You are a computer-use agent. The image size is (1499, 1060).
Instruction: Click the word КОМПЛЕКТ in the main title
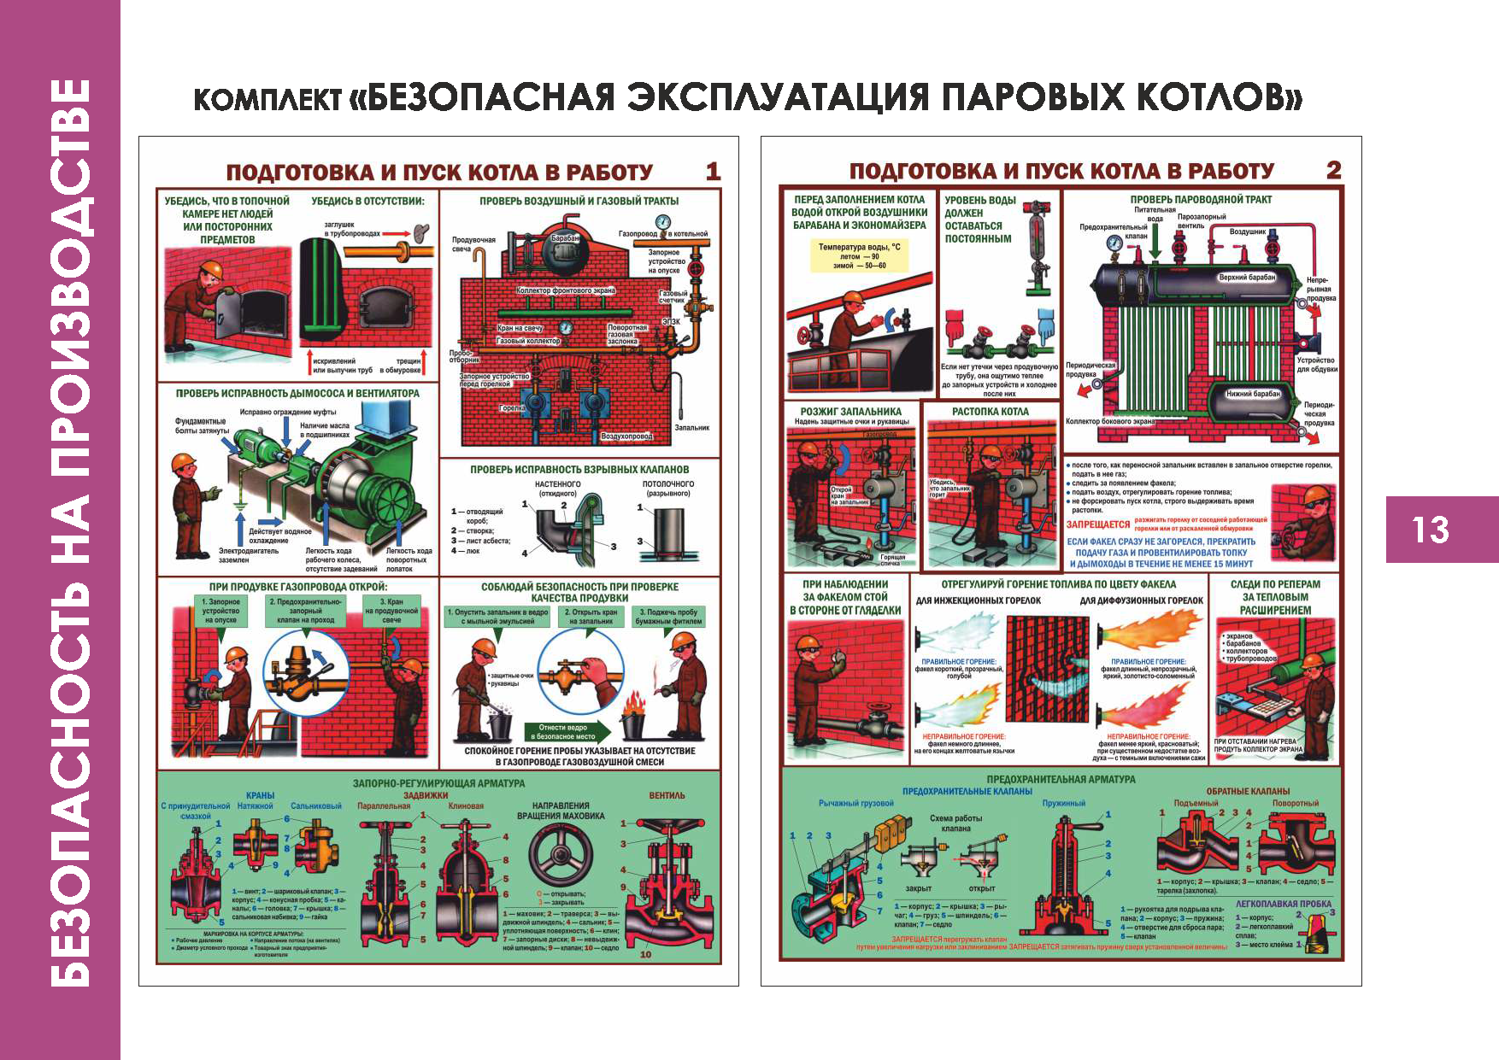tap(267, 100)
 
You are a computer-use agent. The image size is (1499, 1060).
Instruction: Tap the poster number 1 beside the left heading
tap(713, 172)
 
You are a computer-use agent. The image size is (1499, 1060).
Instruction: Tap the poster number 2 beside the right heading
tap(1333, 170)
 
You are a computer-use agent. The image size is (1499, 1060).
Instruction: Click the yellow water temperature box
tap(859, 255)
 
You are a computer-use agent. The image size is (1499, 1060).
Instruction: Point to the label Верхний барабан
tap(1247, 278)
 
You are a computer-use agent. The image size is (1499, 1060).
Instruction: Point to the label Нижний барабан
tap(1253, 394)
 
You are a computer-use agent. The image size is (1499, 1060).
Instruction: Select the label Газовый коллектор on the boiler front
tap(528, 341)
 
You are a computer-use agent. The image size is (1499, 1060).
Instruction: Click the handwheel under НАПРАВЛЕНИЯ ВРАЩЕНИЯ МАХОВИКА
tap(560, 855)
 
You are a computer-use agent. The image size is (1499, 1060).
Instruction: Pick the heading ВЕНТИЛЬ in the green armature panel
tap(667, 795)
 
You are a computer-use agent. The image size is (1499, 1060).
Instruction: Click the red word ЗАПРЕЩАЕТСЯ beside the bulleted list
tap(1097, 524)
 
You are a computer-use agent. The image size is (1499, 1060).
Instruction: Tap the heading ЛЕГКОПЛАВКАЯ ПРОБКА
tap(1283, 904)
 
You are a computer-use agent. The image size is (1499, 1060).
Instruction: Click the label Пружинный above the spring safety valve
tap(1063, 803)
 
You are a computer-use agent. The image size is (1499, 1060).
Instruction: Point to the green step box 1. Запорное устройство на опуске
tap(221, 611)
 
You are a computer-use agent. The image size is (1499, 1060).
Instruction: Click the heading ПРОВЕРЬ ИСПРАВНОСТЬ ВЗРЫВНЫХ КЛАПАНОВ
tap(579, 469)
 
